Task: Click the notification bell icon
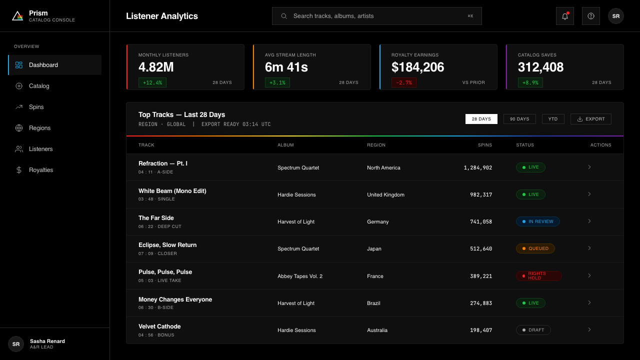tap(565, 16)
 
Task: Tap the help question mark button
tap(591, 16)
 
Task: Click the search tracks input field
tap(377, 16)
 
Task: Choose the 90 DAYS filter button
tap(519, 119)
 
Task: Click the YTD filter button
tap(553, 119)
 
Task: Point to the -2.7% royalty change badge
tap(403, 82)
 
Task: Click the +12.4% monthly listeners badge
tap(152, 82)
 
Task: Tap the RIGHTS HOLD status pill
tap(539, 275)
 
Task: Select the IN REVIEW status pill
tap(537, 221)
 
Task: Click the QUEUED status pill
tap(535, 248)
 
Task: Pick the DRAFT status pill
tap(533, 330)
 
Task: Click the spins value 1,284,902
tap(477, 167)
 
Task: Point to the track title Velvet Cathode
tap(159, 326)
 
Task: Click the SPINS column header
tap(485, 145)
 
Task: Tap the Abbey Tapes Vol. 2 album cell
tap(300, 276)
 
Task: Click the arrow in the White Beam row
tap(589, 194)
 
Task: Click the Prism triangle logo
tap(17, 16)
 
